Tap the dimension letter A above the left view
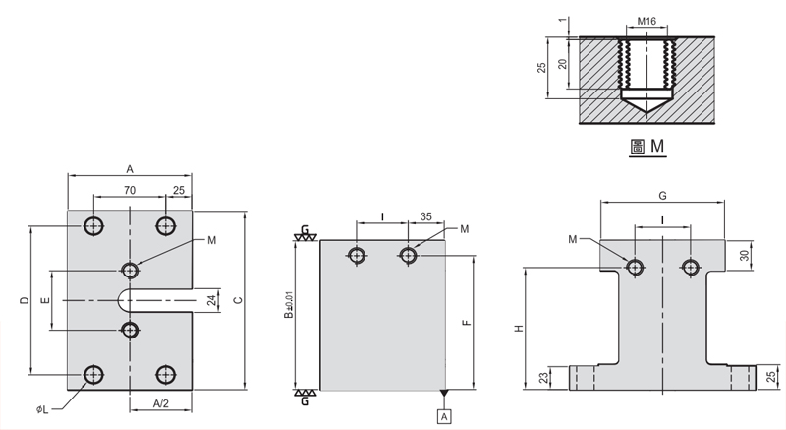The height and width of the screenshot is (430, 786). tap(129, 169)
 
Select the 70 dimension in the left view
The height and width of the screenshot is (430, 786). tap(130, 189)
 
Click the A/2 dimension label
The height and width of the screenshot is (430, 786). tap(160, 403)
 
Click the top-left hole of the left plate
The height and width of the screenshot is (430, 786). tap(93, 225)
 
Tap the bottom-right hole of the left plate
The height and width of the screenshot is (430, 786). tap(165, 374)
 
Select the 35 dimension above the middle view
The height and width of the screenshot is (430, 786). tap(427, 216)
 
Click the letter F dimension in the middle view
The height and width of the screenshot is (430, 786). tap(468, 321)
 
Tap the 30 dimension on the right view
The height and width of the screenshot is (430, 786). tap(744, 254)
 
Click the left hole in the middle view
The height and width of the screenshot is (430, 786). tap(357, 256)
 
